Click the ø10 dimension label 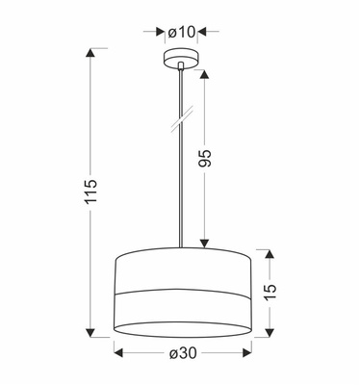pos(181,33)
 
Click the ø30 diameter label pos(182,355)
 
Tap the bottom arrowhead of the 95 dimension pos(206,244)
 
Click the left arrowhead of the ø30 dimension pos(119,355)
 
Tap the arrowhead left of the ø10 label pos(162,33)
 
